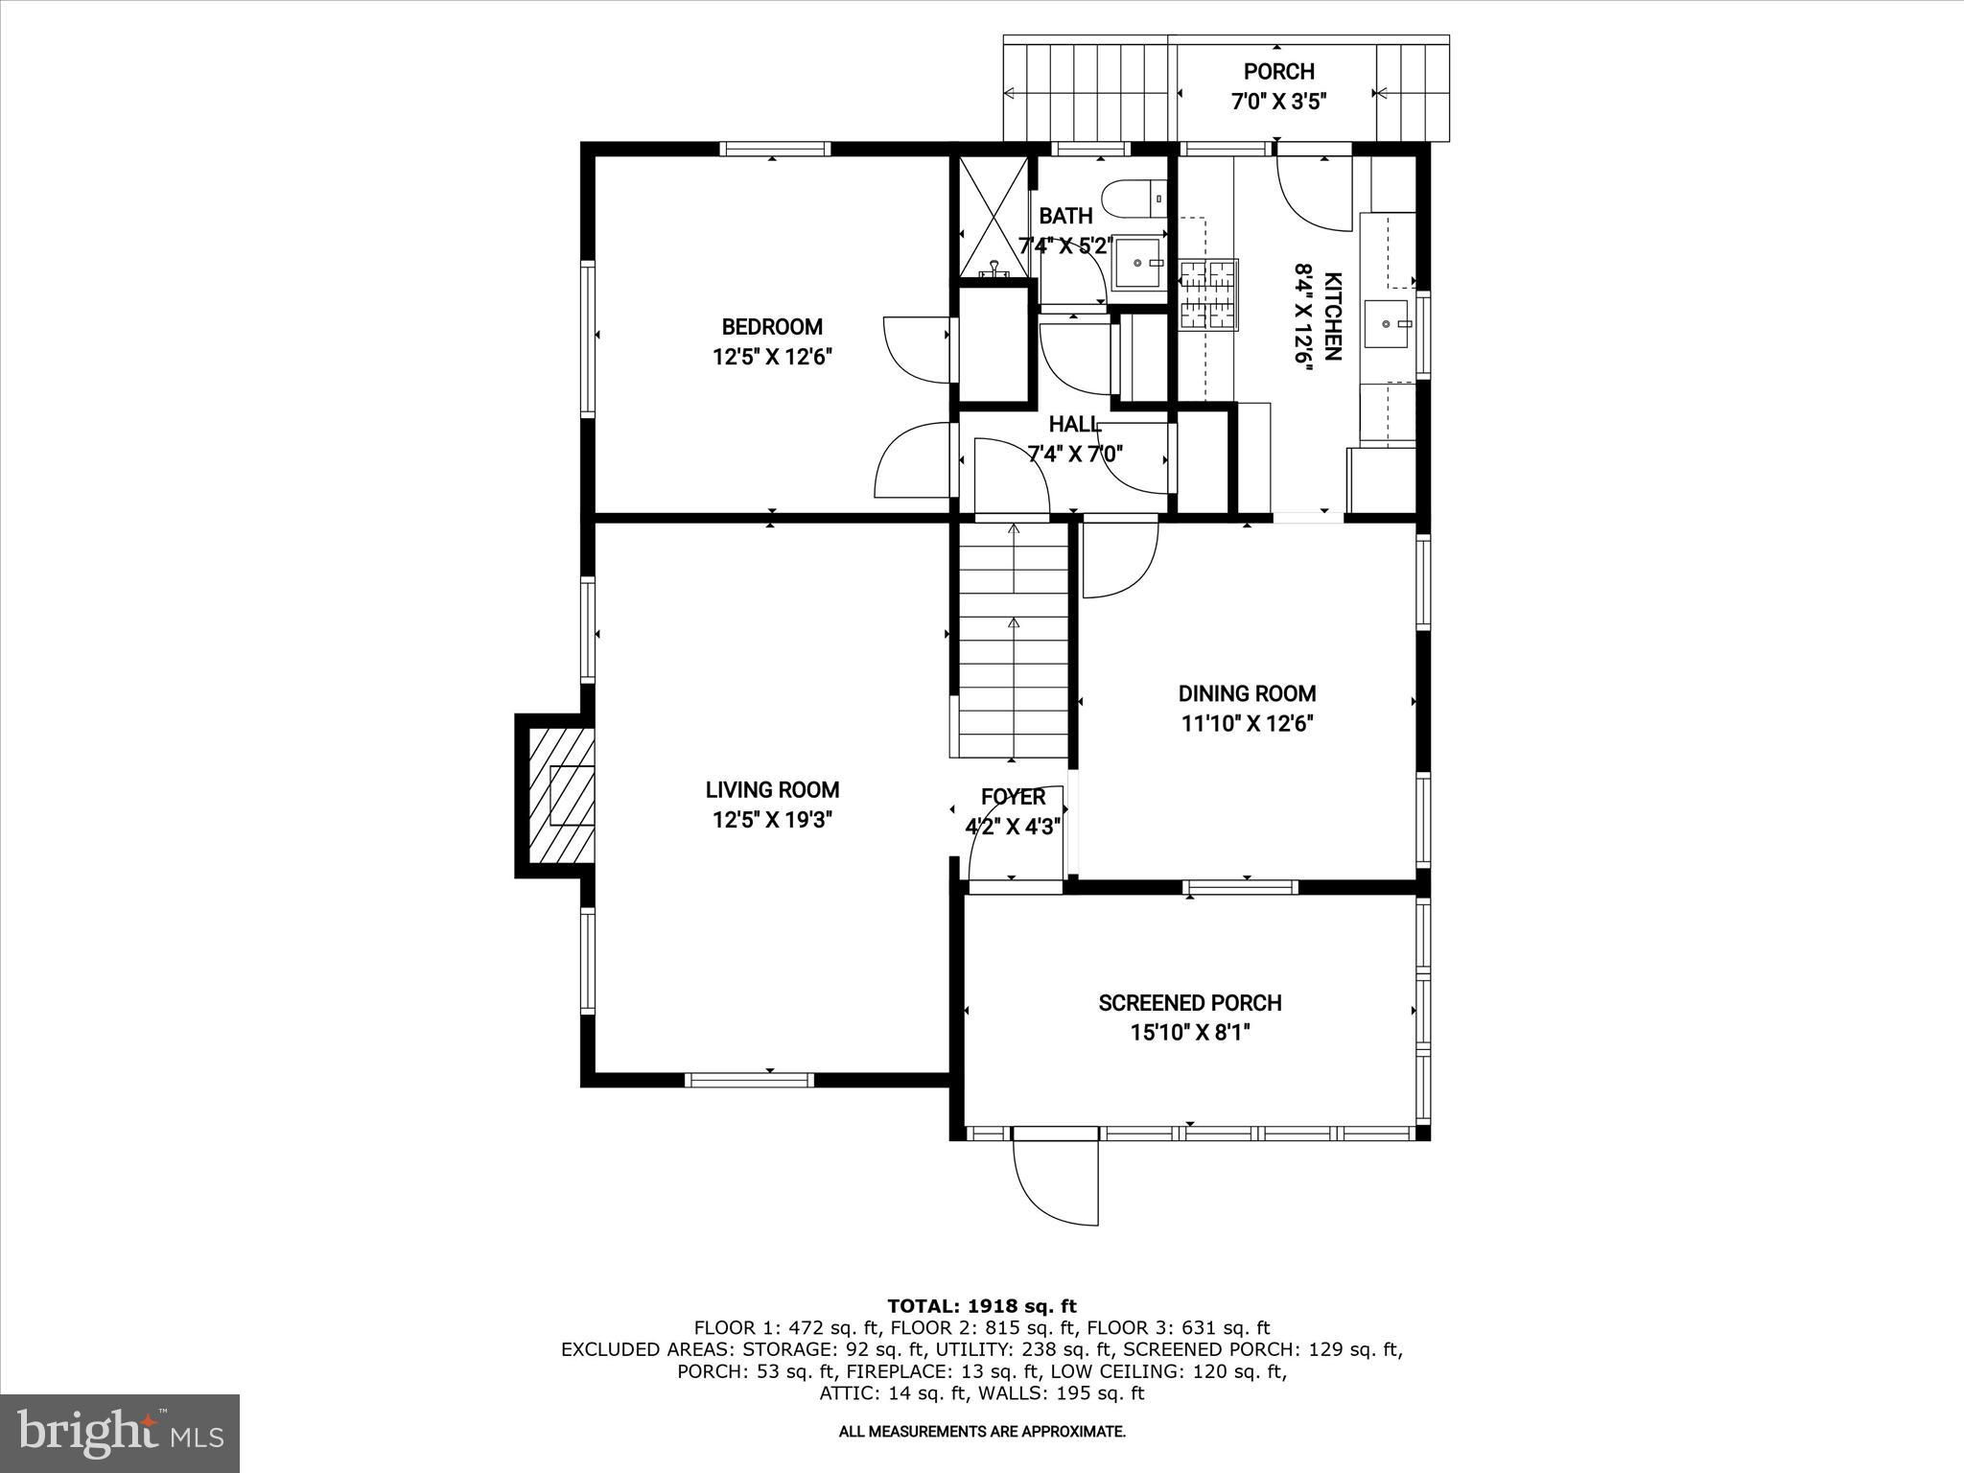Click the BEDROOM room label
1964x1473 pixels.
coord(772,327)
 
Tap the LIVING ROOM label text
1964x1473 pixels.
coord(772,790)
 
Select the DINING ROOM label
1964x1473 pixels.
coord(1247,693)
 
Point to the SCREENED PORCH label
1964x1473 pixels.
coord(1190,1003)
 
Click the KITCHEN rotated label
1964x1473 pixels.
coord(1332,316)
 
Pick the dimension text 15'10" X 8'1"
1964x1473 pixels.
coord(1190,1033)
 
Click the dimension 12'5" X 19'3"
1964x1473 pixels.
coord(772,820)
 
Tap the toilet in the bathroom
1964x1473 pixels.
coord(1134,199)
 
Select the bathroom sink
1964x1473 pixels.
coord(1139,262)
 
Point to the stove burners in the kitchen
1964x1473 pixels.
coord(1208,294)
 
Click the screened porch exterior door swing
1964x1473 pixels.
coord(1055,1181)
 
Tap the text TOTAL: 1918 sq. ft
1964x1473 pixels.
coord(982,1305)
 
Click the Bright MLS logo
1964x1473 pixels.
coord(120,1434)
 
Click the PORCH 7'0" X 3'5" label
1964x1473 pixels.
coord(1278,86)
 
